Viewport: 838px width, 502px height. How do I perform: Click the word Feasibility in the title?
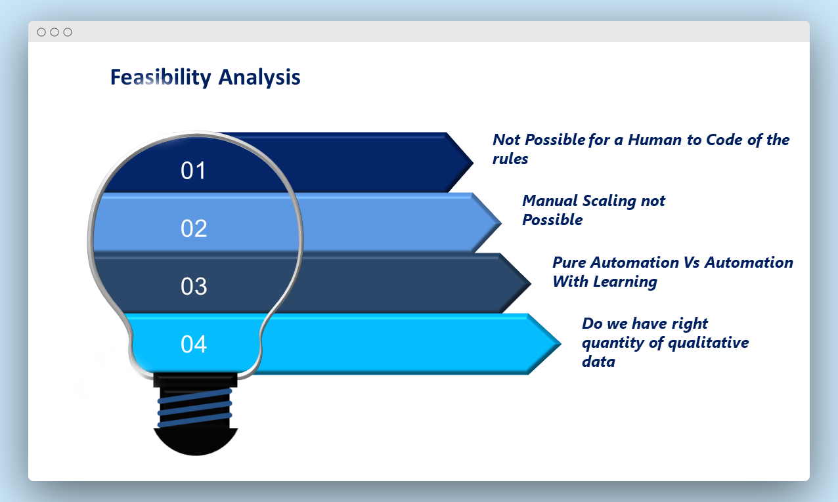pos(161,77)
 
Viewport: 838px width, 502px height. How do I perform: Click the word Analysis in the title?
pos(259,77)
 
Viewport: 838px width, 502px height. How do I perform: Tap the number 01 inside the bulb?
pos(194,171)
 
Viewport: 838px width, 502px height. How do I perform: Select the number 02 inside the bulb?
pos(194,228)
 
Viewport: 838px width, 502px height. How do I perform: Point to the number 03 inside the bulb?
pos(194,286)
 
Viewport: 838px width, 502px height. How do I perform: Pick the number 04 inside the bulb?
pos(194,345)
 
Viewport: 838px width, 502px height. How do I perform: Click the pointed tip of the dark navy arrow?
pos(474,163)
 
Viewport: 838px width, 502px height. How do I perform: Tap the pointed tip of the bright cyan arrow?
pos(561,343)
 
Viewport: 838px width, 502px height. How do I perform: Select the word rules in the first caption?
pos(510,159)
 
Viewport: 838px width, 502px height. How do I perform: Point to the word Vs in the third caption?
pos(692,262)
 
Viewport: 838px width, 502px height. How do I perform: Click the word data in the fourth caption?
pos(598,362)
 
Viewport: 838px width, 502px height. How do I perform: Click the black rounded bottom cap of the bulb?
pos(196,442)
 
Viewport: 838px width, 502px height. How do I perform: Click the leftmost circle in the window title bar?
pos(41,32)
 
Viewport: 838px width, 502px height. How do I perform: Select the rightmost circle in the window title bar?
pos(68,32)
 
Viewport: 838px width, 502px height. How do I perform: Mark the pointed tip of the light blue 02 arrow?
pos(501,222)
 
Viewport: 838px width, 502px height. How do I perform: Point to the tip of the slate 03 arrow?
pos(531,283)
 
